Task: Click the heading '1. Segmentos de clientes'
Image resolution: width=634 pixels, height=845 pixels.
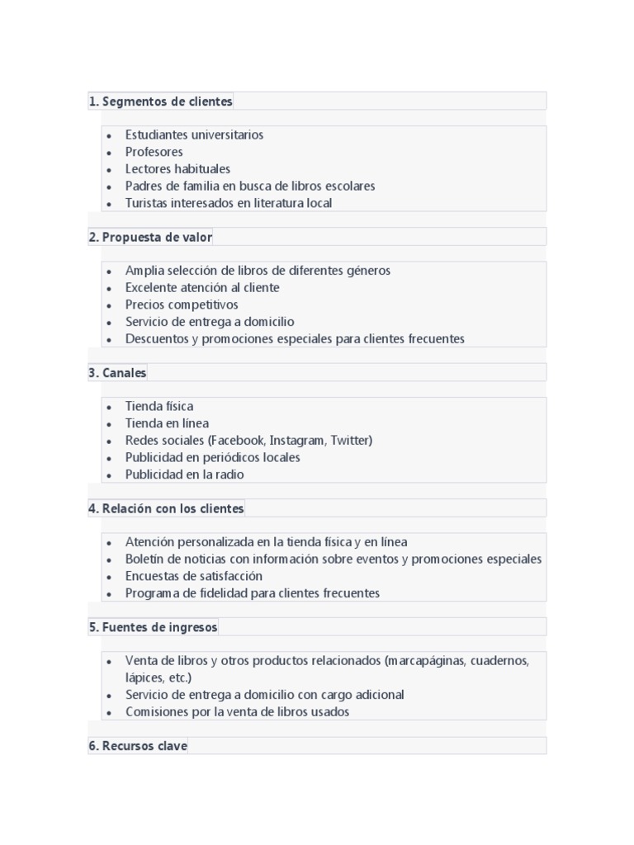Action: tap(161, 101)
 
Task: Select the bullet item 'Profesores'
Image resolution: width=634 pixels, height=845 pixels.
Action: tap(154, 152)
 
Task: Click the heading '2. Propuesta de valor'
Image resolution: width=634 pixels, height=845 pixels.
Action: tap(150, 237)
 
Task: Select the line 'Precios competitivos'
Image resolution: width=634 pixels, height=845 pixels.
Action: tap(182, 304)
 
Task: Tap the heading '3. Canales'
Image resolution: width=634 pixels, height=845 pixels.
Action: tap(117, 373)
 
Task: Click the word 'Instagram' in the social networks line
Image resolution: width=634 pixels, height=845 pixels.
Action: tap(298, 441)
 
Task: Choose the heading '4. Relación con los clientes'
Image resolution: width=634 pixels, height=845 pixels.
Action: tap(166, 508)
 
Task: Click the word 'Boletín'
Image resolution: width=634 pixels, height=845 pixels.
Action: tap(145, 559)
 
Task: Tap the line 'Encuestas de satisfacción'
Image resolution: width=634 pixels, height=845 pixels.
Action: tap(194, 576)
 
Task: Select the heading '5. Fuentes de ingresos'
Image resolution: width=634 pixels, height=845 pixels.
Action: tap(153, 627)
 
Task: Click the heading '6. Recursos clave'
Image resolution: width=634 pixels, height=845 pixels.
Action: tap(138, 746)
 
